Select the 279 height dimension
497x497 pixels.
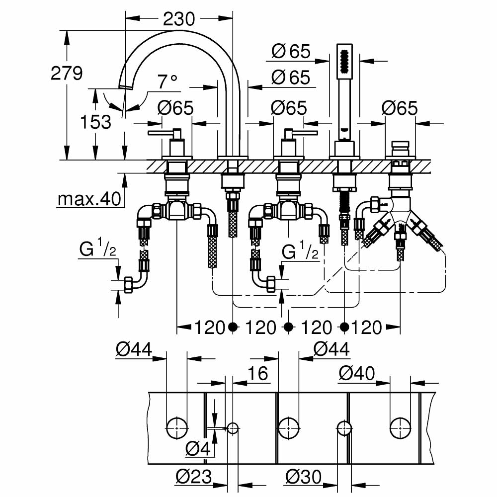(67, 74)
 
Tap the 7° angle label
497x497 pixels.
(167, 82)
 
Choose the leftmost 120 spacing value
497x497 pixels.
(210, 328)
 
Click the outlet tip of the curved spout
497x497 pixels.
(126, 87)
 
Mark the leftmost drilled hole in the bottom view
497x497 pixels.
(176, 427)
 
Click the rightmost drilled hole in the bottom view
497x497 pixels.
(400, 427)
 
